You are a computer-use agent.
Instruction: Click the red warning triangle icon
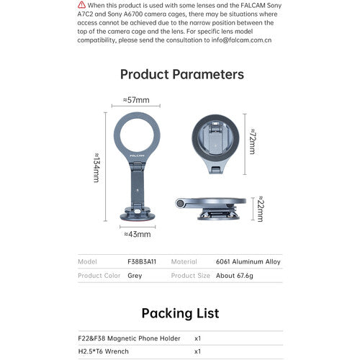[81, 5]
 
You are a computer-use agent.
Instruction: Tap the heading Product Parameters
[181, 74]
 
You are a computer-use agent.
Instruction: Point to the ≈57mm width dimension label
[135, 100]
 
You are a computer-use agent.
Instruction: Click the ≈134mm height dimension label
[96, 167]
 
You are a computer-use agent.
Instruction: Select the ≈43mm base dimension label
[137, 233]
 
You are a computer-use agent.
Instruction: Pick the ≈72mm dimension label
[251, 142]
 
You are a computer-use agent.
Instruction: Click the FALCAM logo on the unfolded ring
[135, 153]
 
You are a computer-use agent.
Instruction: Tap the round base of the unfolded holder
[136, 213]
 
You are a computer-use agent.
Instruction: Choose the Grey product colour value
[135, 276]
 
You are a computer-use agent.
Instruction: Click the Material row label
[184, 261]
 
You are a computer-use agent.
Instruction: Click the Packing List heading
[180, 313]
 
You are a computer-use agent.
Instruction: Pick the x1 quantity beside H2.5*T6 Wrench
[198, 352]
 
